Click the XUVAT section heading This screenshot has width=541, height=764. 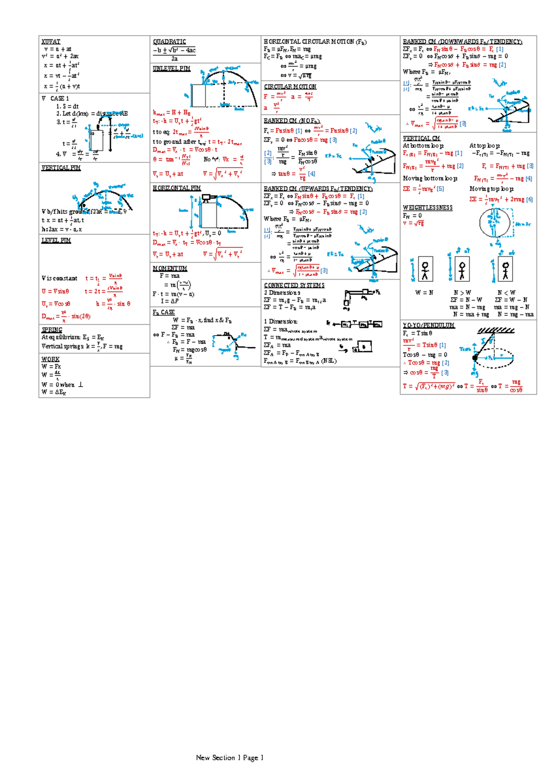point(50,41)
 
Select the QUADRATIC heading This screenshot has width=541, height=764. point(169,41)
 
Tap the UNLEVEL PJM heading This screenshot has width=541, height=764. point(171,69)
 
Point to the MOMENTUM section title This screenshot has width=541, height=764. point(170,268)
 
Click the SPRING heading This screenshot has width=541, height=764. point(52,330)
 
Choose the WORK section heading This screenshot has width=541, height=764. point(50,359)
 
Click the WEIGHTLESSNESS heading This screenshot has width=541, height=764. point(427,208)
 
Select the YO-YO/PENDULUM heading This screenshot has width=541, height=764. point(428,325)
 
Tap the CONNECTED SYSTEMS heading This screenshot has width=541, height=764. point(294,285)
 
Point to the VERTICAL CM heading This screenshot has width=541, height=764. point(421,138)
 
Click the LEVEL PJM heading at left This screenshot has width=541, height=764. point(56,241)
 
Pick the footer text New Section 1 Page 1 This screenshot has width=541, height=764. point(229,758)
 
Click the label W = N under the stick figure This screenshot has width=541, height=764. point(424,293)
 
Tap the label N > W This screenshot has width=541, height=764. point(462,293)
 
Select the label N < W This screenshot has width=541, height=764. point(506,293)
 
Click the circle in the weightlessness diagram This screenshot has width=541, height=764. point(495,223)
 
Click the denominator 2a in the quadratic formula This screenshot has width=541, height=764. point(174,59)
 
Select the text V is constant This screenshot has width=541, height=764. point(59,279)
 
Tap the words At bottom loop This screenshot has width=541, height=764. point(423,146)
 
